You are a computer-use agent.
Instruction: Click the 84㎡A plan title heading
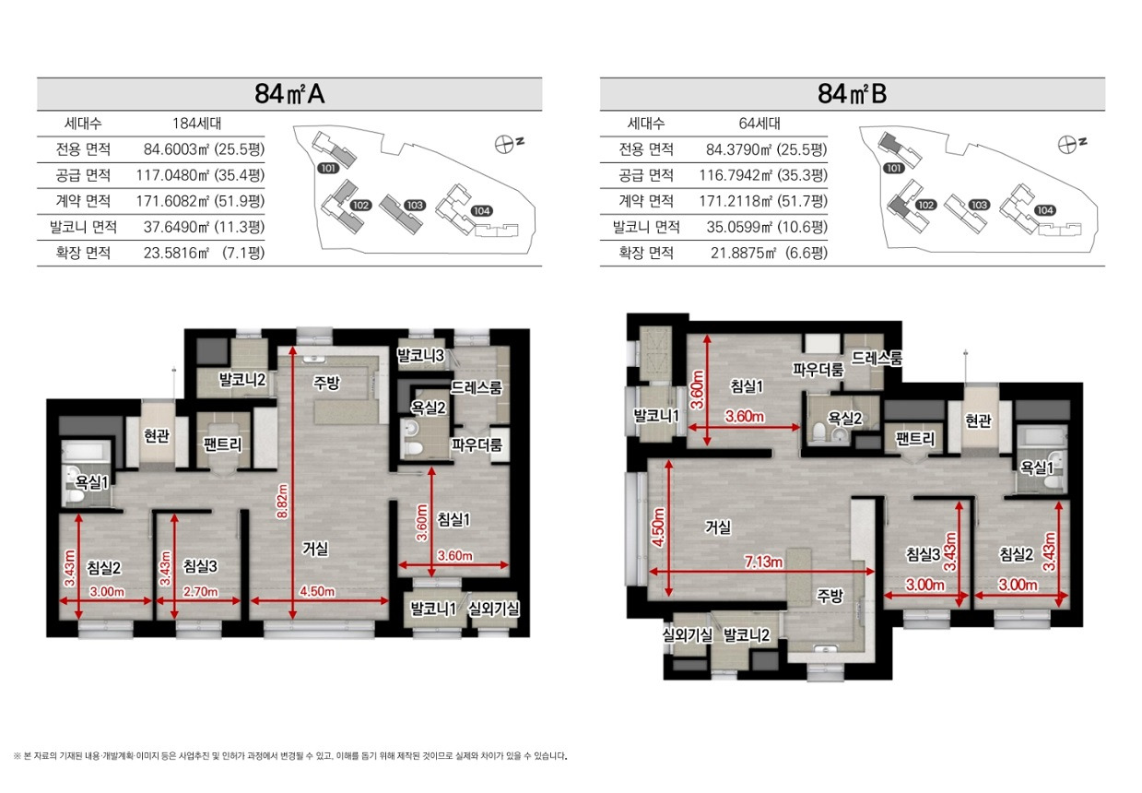[289, 94]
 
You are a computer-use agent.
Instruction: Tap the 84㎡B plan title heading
[852, 94]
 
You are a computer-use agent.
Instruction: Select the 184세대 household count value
[197, 124]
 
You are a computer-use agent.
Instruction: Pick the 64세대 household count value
[759, 124]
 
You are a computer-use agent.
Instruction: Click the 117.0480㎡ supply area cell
[173, 175]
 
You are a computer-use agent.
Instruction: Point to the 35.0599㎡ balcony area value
[739, 227]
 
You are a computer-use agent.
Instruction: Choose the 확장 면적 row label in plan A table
[83, 253]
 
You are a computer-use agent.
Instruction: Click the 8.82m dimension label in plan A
[282, 501]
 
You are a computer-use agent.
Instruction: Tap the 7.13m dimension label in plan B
[763, 562]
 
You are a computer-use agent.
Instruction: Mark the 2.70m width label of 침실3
[200, 592]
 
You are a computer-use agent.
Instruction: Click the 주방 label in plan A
[326, 383]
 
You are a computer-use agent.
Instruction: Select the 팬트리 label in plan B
[915, 439]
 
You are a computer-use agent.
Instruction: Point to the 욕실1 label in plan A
[91, 482]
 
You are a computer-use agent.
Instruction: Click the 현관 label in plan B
[978, 420]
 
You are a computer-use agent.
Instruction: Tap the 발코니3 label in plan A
[420, 355]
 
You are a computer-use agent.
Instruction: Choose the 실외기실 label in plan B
[687, 635]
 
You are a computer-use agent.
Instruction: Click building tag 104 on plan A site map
[481, 211]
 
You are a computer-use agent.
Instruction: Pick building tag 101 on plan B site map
[894, 169]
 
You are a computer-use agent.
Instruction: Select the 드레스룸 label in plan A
[477, 388]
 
